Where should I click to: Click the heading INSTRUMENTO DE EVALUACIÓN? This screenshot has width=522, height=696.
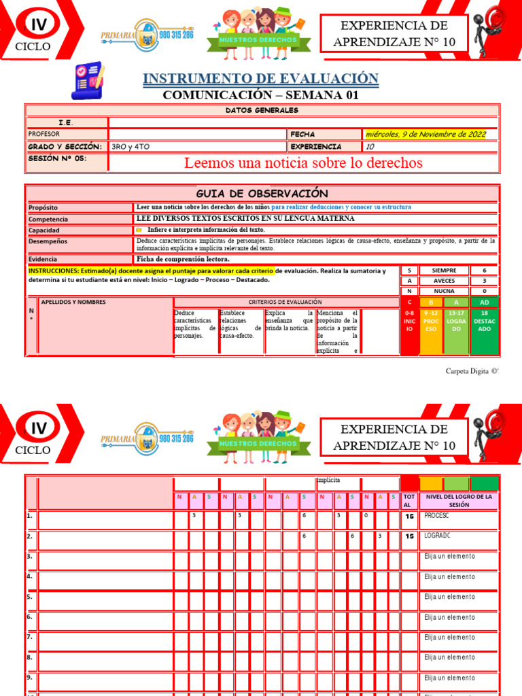coord(260,78)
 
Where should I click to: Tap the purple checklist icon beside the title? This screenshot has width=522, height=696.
coord(86,81)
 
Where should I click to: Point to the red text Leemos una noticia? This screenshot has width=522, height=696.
coord(303,163)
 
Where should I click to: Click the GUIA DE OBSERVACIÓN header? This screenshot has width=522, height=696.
coord(262,194)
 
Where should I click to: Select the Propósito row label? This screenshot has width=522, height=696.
coord(43,207)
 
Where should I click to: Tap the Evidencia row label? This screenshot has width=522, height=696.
coord(42,259)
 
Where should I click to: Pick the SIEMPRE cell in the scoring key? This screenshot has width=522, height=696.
coord(444,271)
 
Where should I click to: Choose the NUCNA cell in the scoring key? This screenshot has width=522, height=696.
coord(444,290)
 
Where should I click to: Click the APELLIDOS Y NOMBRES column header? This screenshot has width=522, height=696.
coord(73,302)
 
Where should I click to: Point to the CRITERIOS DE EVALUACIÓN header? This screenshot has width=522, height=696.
coord(285,302)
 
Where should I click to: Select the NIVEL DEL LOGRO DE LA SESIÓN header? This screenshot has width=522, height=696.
coord(459,501)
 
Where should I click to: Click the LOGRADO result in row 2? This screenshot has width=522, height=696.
coord(438,536)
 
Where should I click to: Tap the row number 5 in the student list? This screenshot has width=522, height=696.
coord(30,597)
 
